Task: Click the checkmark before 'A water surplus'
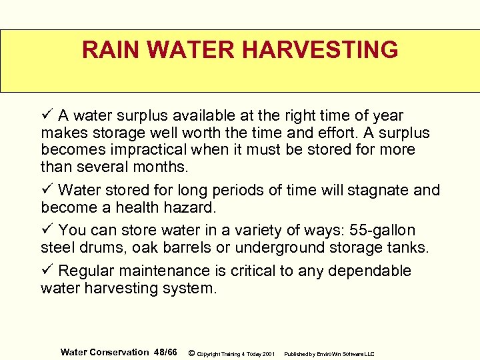point(46,116)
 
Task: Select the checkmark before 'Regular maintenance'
point(46,271)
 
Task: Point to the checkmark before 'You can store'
point(46,231)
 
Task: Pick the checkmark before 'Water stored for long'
point(46,190)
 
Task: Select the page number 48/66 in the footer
point(165,352)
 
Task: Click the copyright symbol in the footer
point(191,353)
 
